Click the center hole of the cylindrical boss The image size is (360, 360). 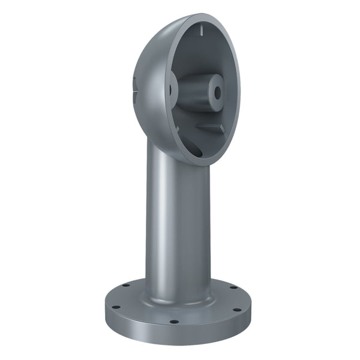(x=215, y=92)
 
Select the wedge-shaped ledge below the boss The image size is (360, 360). (x=210, y=128)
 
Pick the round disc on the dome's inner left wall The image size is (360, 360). (x=170, y=90)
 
